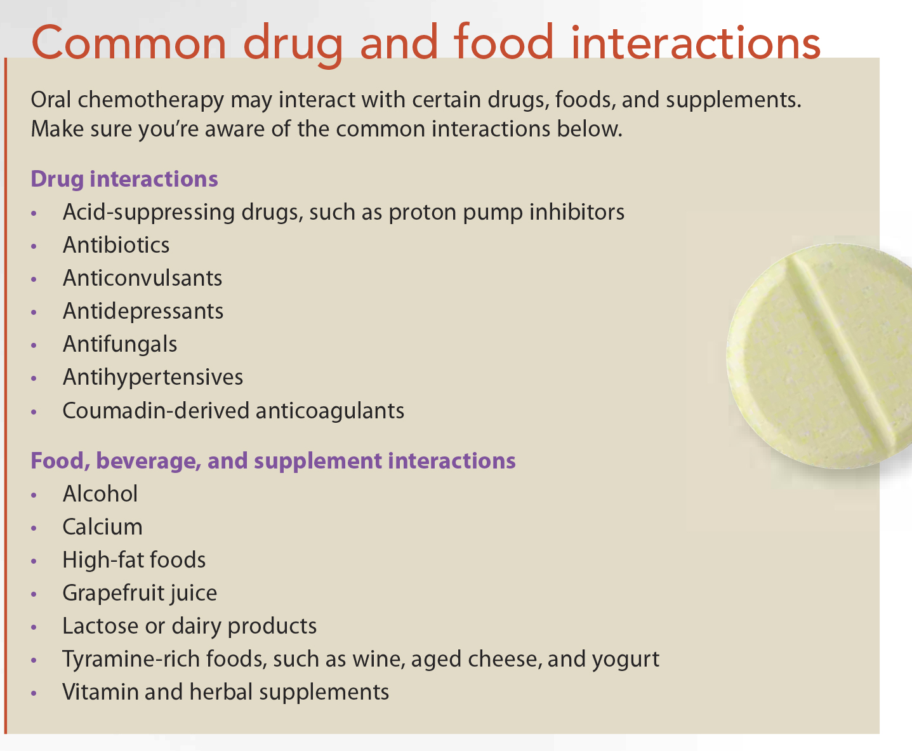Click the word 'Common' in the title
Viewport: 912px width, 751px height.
(129, 43)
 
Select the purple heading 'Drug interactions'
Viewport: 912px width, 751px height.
(124, 179)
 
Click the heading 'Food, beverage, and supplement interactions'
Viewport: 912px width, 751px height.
(273, 461)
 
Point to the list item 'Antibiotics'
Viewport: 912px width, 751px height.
(116, 245)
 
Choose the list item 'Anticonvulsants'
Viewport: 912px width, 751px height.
(142, 277)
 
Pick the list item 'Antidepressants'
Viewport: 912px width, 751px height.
(143, 312)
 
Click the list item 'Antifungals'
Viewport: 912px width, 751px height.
(120, 344)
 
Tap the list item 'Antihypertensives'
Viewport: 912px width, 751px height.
(153, 378)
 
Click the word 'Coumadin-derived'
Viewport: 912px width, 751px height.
(156, 411)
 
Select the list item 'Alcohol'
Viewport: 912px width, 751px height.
(100, 494)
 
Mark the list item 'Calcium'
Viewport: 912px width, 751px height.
(102, 527)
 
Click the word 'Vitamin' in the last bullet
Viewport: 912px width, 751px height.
(100, 692)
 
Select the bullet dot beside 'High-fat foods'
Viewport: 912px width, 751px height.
(34, 561)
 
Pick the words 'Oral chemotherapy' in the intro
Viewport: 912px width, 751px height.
(127, 100)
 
